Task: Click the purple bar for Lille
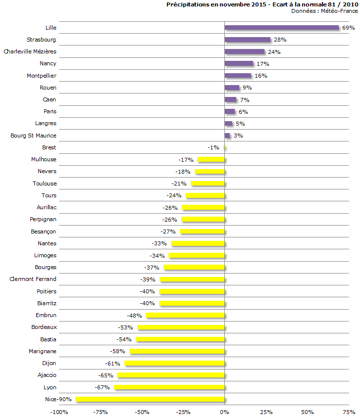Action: [x=281, y=28]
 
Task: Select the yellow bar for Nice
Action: [x=150, y=399]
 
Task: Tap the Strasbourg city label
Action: [x=42, y=40]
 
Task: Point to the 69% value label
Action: [x=348, y=28]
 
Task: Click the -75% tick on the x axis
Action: [x=101, y=412]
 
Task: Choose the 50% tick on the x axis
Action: [x=307, y=412]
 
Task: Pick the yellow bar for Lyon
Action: [x=169, y=387]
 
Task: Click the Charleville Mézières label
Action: [x=30, y=51]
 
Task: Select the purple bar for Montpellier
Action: [x=238, y=76]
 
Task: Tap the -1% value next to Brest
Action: [x=213, y=147]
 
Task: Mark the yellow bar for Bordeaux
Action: [x=181, y=327]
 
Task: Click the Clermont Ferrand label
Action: [x=33, y=279]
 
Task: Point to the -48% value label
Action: [x=134, y=316]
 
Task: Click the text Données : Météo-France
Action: [x=324, y=11]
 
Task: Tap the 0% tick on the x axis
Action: [x=224, y=412]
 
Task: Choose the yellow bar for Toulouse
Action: [x=207, y=184]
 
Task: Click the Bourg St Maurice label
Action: [x=34, y=136]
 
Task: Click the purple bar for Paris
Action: [x=229, y=111]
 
